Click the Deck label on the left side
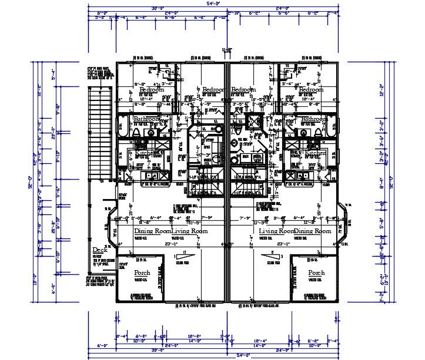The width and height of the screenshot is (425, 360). [x=99, y=250]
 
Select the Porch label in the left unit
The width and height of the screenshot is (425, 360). [x=142, y=272]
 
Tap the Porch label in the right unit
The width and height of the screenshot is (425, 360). [x=316, y=272]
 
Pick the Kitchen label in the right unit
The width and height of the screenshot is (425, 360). [x=315, y=153]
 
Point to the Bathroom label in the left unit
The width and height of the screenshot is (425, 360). [x=146, y=119]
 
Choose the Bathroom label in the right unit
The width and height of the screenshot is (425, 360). [x=314, y=119]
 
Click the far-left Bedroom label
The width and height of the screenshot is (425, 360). [x=152, y=90]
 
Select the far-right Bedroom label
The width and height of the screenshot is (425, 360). [x=311, y=90]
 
